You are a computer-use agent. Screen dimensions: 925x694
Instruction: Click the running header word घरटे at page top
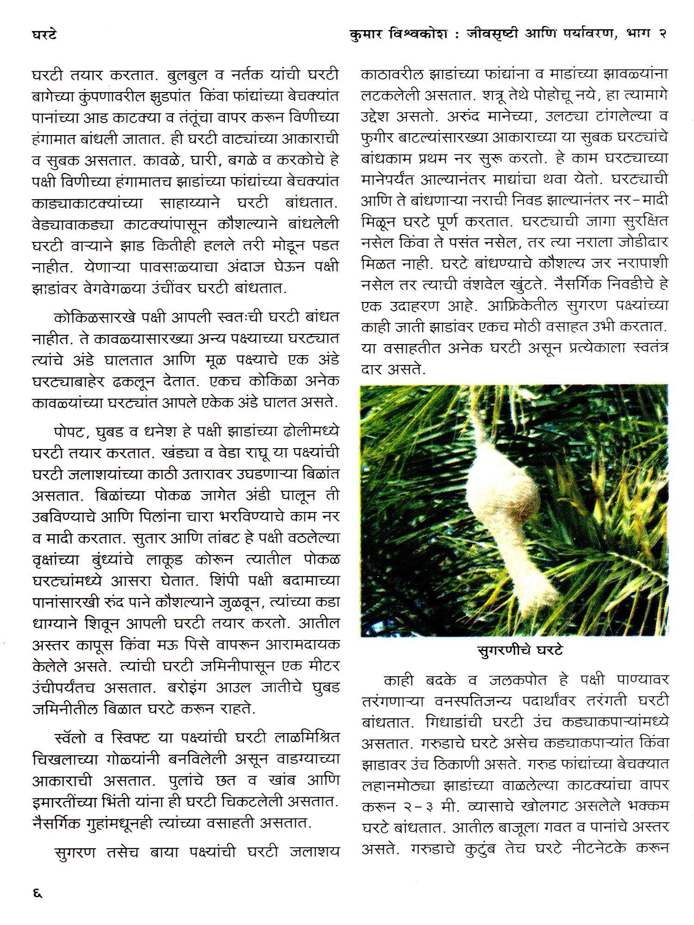44,35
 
